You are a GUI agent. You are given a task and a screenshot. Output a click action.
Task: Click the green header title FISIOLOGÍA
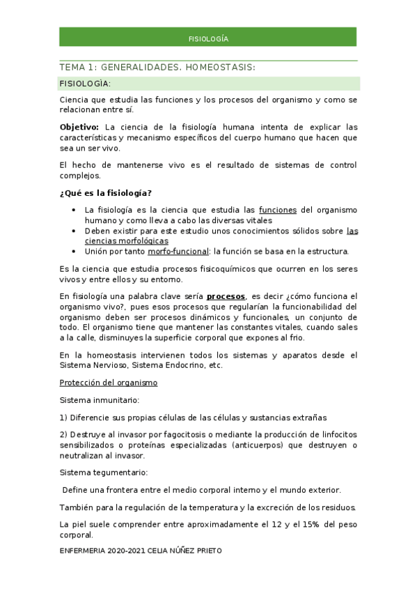click(x=208, y=38)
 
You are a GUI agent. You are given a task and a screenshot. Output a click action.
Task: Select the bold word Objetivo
click(x=79, y=127)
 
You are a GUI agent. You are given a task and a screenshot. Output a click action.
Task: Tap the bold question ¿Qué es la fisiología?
click(x=106, y=192)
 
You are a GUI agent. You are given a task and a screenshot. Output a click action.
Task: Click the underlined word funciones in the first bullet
click(x=277, y=210)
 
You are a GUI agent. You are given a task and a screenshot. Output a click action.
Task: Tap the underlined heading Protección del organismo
click(x=109, y=383)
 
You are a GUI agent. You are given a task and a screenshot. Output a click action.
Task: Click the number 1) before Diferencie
click(x=65, y=417)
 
